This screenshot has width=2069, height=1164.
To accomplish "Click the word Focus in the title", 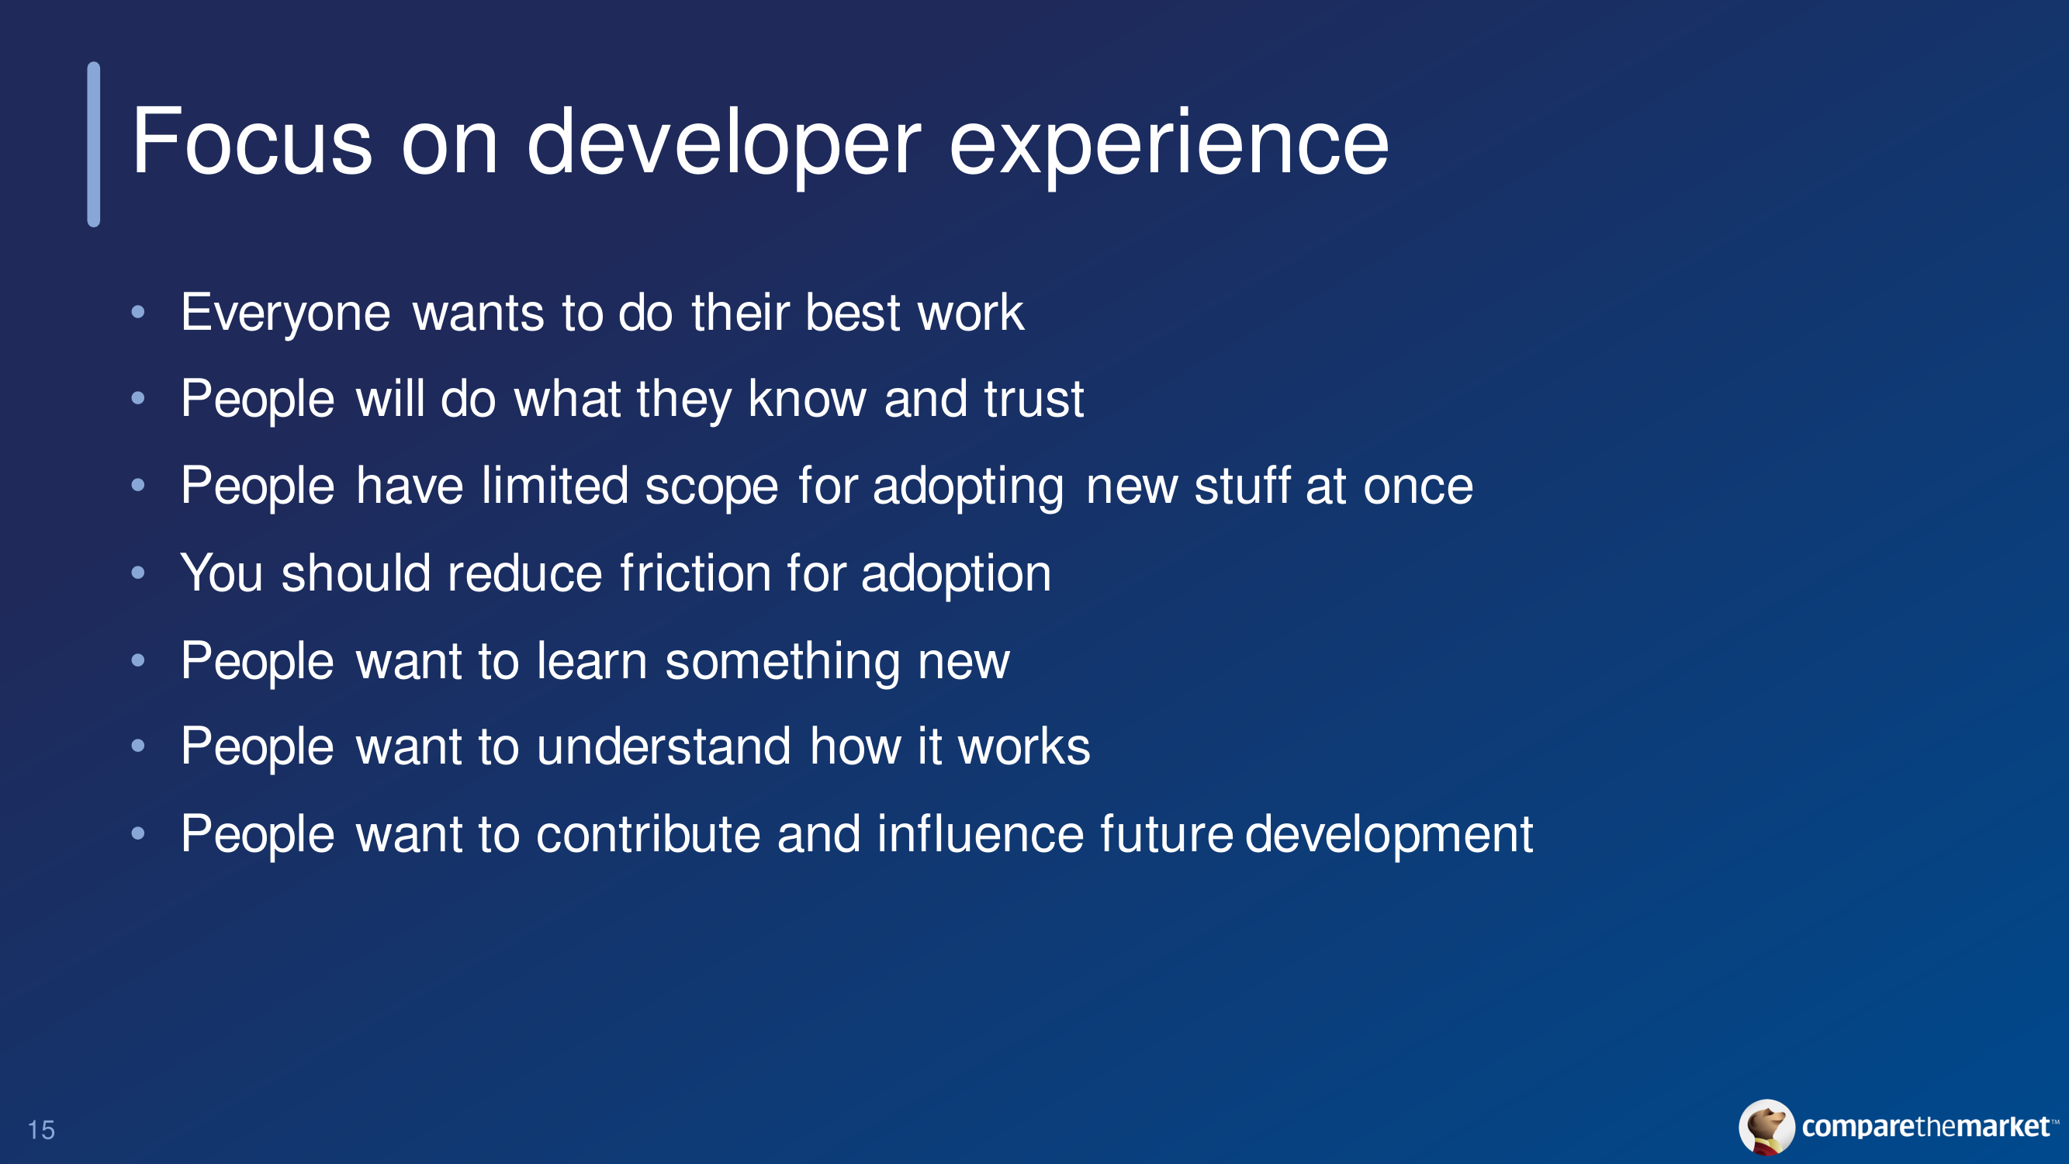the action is click(251, 142).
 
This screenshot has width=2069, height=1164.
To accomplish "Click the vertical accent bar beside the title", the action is click(94, 144).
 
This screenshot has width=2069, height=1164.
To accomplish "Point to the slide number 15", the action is click(41, 1131).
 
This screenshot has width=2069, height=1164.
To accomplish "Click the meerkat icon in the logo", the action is click(1766, 1127).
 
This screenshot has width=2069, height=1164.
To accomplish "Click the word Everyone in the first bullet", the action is click(285, 314).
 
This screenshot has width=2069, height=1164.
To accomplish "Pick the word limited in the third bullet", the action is click(554, 485).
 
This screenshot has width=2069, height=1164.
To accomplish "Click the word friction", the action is click(696, 573).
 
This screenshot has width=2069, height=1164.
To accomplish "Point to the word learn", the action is click(592, 660).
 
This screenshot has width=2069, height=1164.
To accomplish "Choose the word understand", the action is click(664, 747).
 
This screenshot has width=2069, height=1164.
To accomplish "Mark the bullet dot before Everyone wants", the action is click(138, 312).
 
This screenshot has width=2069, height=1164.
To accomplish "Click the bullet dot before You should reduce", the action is click(138, 572).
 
